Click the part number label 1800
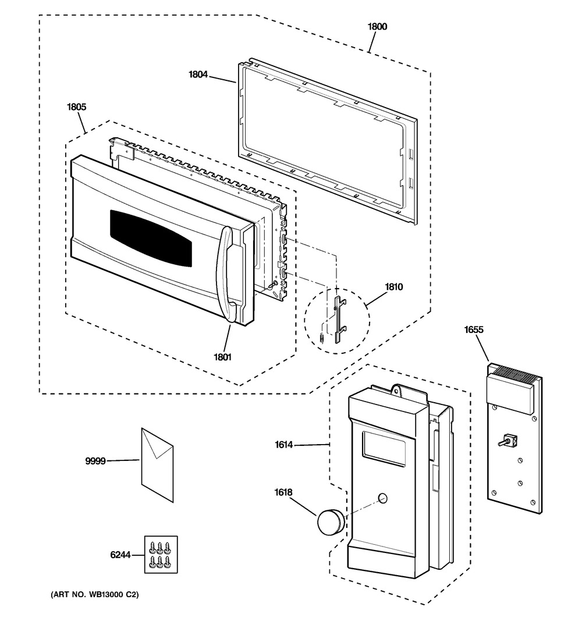[377, 27]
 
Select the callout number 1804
[198, 74]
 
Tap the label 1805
[77, 107]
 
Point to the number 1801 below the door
[222, 357]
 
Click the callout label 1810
[393, 287]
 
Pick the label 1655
[473, 329]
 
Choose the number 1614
[283, 445]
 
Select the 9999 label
[95, 461]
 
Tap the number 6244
[120, 555]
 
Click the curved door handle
[225, 274]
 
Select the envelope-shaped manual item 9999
[157, 463]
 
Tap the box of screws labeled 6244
[160, 555]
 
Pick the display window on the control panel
[384, 448]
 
